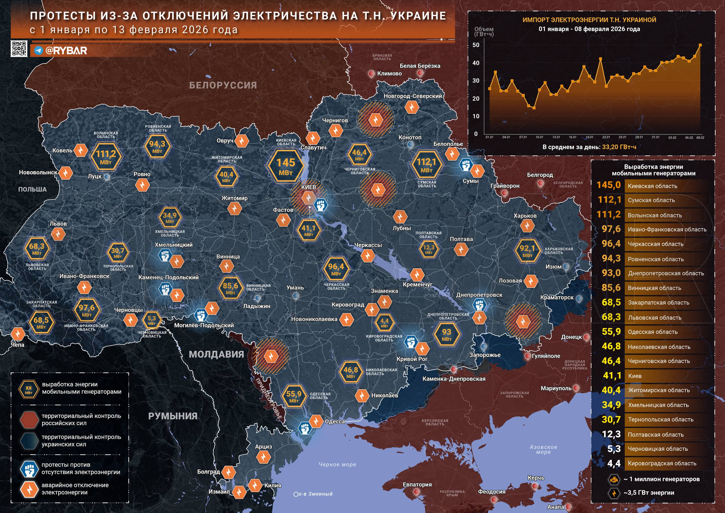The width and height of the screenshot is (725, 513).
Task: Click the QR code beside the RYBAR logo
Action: [x=19, y=49]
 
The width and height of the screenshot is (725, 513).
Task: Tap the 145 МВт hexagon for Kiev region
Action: [x=285, y=166]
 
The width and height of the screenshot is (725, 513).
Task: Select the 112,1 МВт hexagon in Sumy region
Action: [x=426, y=166]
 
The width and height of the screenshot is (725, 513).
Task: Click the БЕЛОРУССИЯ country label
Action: [x=223, y=85]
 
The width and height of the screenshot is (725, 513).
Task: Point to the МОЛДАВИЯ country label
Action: [x=216, y=355]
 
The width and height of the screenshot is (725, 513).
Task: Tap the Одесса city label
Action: [x=334, y=421]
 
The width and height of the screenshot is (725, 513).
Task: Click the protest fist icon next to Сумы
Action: [x=466, y=165]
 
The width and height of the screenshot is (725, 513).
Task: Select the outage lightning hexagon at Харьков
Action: [x=527, y=226]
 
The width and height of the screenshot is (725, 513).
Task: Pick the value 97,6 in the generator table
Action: [x=611, y=229]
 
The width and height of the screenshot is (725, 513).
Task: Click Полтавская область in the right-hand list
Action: [x=656, y=435]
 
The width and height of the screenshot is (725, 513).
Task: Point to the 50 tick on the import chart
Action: [x=476, y=45]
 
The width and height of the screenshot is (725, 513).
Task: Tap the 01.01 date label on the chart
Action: [x=489, y=137]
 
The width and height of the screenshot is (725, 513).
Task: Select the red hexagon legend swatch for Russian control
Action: [x=29, y=419]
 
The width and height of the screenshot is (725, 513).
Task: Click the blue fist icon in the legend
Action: [x=29, y=469]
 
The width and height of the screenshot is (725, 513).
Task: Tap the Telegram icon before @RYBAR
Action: [x=39, y=51]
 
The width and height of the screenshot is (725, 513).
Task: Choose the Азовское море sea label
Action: [x=543, y=449]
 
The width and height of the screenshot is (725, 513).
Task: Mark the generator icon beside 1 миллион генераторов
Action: [x=614, y=479]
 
